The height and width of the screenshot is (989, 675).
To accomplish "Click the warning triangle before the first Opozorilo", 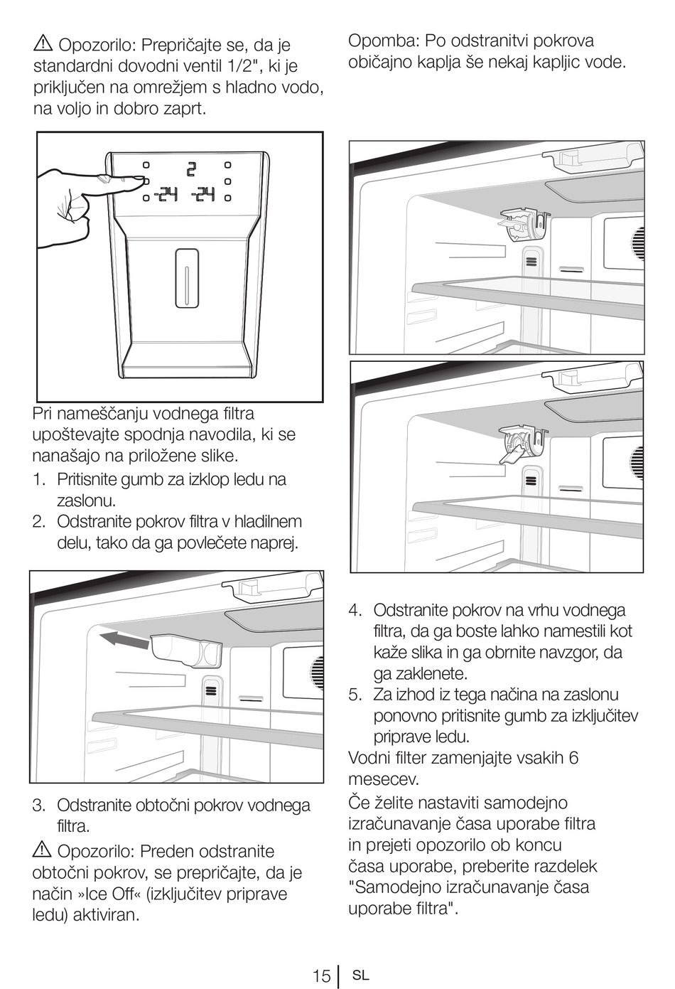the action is (43, 45).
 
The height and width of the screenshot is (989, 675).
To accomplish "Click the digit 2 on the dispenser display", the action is (190, 170).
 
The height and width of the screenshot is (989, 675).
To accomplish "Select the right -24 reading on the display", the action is (203, 193).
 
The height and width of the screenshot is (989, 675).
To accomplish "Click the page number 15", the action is (321, 975).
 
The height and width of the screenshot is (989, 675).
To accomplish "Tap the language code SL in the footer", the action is (361, 975).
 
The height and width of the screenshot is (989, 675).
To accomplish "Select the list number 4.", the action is (355, 610).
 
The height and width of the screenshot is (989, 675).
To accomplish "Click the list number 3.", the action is (39, 806).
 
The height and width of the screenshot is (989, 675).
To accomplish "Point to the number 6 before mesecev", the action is (573, 758).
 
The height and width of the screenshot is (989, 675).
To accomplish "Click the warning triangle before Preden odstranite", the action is (42, 850).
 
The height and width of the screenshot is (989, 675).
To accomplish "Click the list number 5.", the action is (355, 695).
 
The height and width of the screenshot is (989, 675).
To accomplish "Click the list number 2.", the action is (39, 522).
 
